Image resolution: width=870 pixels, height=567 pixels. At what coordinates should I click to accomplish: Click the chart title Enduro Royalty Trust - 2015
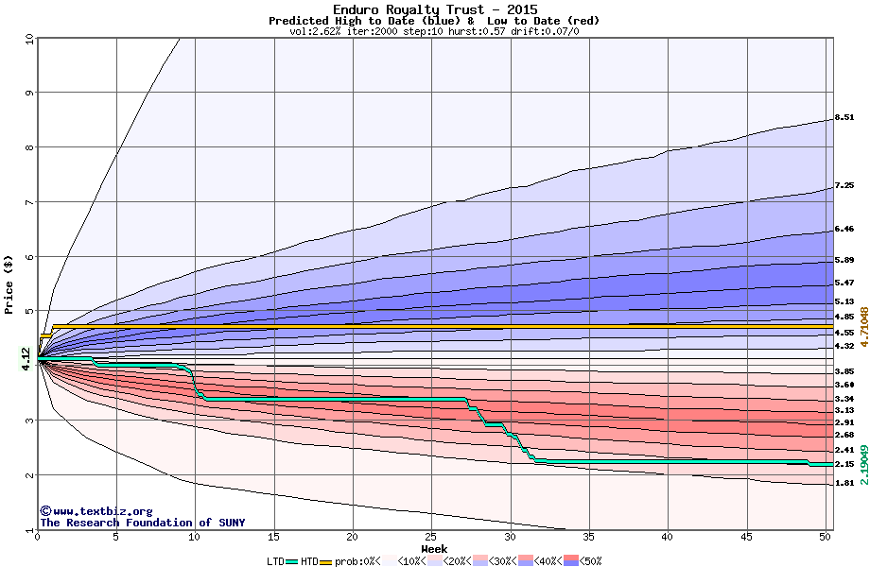pyautogui.click(x=434, y=9)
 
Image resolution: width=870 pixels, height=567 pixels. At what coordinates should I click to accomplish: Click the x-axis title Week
pyautogui.click(x=434, y=549)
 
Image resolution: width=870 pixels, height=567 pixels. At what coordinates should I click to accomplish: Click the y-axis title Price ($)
pyautogui.click(x=9, y=284)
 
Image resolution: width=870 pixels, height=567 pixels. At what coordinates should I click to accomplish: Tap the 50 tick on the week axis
pyautogui.click(x=825, y=537)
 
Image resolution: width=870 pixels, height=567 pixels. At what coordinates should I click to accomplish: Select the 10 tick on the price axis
pyautogui.click(x=28, y=39)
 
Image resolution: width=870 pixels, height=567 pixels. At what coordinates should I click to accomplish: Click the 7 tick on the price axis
pyautogui.click(x=28, y=202)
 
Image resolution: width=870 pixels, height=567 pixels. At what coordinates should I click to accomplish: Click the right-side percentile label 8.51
pyautogui.click(x=844, y=118)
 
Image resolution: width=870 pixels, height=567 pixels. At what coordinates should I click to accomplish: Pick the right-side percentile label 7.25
pyautogui.click(x=844, y=186)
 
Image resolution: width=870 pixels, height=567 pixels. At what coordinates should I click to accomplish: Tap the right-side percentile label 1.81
pyautogui.click(x=844, y=483)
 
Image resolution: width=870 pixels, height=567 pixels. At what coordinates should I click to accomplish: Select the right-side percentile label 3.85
pyautogui.click(x=844, y=372)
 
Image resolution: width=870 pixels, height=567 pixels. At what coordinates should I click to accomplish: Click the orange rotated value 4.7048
pyautogui.click(x=861, y=326)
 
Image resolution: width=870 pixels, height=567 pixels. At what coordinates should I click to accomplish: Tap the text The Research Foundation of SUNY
pyautogui.click(x=142, y=523)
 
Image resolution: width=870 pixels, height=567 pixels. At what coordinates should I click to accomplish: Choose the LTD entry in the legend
pyautogui.click(x=276, y=560)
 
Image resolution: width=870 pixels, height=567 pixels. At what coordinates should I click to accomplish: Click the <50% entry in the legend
pyautogui.click(x=588, y=560)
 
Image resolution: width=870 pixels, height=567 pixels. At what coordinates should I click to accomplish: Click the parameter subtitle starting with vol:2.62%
pyautogui.click(x=434, y=31)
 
